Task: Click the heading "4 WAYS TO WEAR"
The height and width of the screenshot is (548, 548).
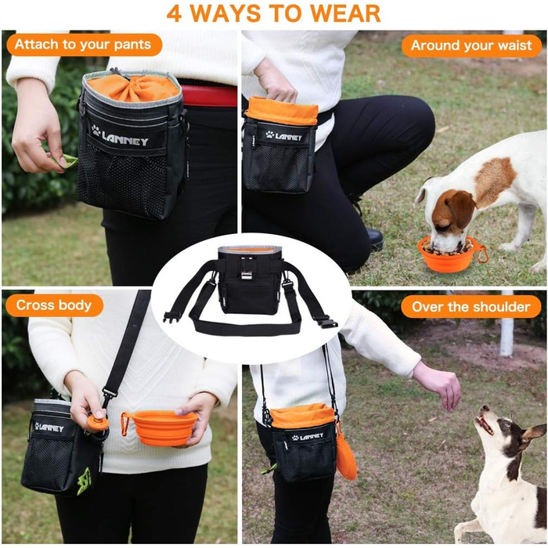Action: (273, 13)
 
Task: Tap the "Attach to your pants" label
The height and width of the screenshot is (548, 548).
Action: (84, 45)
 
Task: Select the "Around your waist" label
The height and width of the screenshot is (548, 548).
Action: (471, 45)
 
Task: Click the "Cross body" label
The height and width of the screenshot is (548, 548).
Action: (54, 305)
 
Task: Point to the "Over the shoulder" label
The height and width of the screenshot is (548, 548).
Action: (470, 307)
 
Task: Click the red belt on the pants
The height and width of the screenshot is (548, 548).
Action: (209, 96)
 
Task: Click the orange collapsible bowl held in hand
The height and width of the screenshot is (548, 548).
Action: (163, 428)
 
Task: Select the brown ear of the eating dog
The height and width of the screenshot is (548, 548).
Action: (460, 207)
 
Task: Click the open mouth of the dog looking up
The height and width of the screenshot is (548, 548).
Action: (484, 424)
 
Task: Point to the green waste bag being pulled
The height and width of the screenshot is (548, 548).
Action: (66, 161)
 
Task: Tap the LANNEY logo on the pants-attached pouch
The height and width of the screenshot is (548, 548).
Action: (120, 136)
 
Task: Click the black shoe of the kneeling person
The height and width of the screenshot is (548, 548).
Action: (375, 239)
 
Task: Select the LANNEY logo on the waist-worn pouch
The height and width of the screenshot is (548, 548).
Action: (283, 135)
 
